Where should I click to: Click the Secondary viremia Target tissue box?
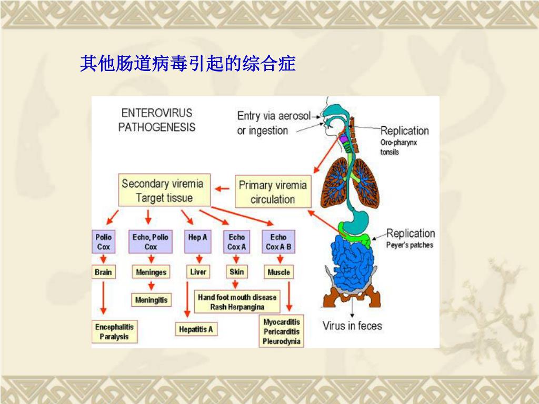(x=164, y=190)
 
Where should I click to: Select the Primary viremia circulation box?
(x=272, y=192)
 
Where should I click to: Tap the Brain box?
(x=104, y=272)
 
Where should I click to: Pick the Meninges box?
(x=151, y=272)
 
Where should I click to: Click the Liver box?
(x=198, y=272)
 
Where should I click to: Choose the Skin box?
(x=237, y=272)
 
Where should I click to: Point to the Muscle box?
(x=278, y=272)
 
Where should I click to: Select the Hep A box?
(x=198, y=241)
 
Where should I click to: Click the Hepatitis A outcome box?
(x=196, y=329)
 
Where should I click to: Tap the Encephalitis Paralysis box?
(x=115, y=332)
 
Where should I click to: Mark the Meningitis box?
(x=151, y=300)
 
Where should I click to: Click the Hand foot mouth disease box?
(x=237, y=302)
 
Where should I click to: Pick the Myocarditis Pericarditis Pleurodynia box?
(x=282, y=332)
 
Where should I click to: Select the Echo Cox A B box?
(x=278, y=241)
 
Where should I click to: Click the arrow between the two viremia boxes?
(x=222, y=188)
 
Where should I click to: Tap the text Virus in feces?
(x=352, y=326)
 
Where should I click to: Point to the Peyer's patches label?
(x=410, y=245)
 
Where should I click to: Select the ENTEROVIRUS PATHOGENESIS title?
(x=157, y=120)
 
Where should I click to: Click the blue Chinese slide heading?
(x=187, y=64)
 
